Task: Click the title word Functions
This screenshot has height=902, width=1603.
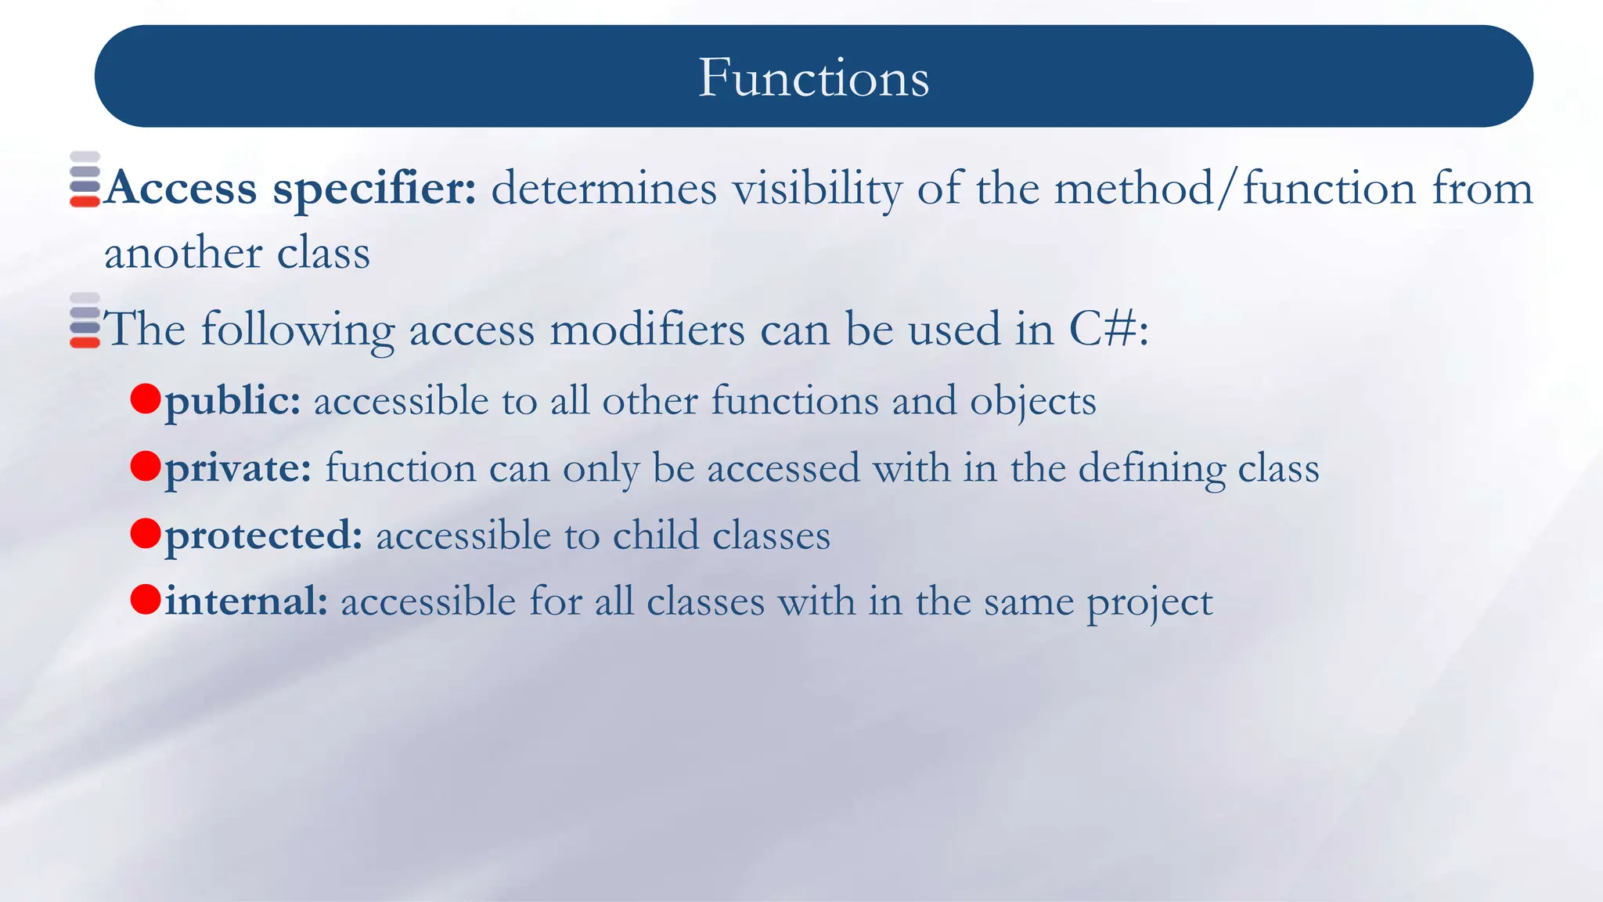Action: (x=813, y=78)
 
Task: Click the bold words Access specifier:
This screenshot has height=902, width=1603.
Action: (x=290, y=189)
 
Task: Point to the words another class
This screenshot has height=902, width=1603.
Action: (x=237, y=253)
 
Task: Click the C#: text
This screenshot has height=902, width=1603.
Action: (x=1108, y=329)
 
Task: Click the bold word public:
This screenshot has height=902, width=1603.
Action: (x=232, y=401)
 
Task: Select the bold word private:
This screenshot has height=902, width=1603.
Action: (x=238, y=468)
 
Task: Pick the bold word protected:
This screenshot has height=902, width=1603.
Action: (x=264, y=536)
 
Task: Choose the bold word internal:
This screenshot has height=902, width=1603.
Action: (x=246, y=601)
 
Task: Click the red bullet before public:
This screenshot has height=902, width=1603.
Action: (x=146, y=399)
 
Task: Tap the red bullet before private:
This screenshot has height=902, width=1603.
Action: (x=146, y=466)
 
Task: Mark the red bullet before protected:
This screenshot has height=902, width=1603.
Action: (x=146, y=533)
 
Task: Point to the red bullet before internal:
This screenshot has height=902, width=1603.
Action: (x=146, y=600)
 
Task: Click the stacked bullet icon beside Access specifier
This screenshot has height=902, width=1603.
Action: (x=85, y=179)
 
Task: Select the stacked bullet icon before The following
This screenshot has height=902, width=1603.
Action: (x=85, y=320)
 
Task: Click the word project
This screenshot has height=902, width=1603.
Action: (x=1149, y=603)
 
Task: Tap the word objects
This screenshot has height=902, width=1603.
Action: (x=1032, y=401)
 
